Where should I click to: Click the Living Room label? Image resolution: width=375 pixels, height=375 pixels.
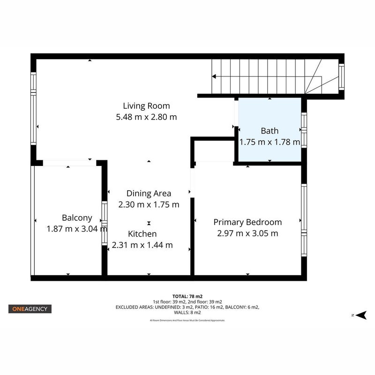(x=146, y=106)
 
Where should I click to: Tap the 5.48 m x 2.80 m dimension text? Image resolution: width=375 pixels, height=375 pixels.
(x=146, y=117)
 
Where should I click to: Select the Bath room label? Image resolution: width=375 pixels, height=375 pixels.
(x=270, y=131)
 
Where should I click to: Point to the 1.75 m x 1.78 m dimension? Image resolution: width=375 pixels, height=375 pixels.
(x=270, y=142)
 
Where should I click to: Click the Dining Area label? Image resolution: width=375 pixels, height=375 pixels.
(x=149, y=193)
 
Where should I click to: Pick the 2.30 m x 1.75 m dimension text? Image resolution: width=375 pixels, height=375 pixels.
(x=149, y=204)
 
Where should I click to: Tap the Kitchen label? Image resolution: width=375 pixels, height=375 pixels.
(x=142, y=233)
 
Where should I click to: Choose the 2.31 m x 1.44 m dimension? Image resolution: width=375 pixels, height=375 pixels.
(x=142, y=245)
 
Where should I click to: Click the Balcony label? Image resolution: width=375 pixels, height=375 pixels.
(x=77, y=218)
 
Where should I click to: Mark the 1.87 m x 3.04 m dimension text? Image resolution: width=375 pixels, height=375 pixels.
(x=77, y=229)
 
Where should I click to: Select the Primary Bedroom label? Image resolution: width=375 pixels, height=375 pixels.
(x=247, y=222)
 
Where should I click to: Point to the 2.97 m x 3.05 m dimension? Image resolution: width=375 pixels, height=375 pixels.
(x=247, y=233)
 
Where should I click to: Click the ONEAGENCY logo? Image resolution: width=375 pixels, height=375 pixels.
(x=30, y=309)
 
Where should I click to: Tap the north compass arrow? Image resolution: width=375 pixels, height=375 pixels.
(x=361, y=315)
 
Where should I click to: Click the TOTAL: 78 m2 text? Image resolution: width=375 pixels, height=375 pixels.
(x=187, y=297)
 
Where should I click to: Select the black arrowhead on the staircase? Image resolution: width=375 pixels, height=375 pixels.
(x=214, y=76)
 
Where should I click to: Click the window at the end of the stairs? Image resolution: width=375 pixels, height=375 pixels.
(x=342, y=77)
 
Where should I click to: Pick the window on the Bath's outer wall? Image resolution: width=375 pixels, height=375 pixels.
(x=304, y=130)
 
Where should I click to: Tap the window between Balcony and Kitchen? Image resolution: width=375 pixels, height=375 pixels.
(x=105, y=223)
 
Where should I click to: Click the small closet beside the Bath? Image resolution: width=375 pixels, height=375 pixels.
(x=214, y=151)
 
